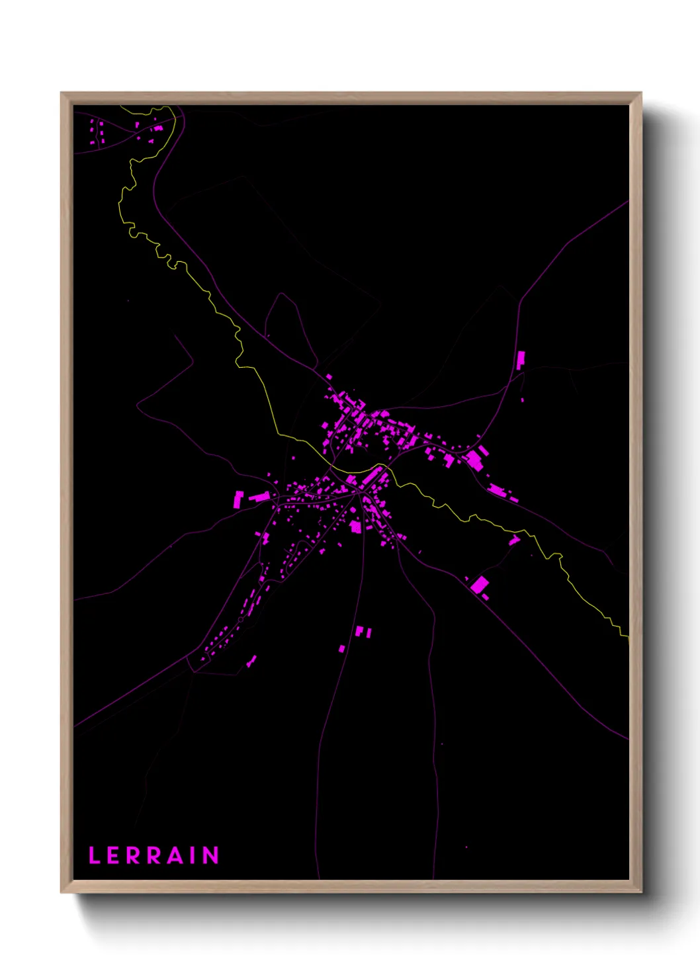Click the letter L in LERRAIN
click(94, 855)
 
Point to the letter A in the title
click(175, 855)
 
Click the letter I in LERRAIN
click(193, 855)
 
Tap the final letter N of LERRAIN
click(210, 855)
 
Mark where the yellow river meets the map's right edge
click(627, 636)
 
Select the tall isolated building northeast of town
click(521, 360)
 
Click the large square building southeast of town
click(480, 585)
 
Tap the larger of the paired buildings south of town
click(359, 631)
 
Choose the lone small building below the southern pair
click(342, 649)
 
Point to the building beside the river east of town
click(514, 540)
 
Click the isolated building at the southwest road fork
click(251, 660)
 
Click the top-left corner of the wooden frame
click(62, 93)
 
